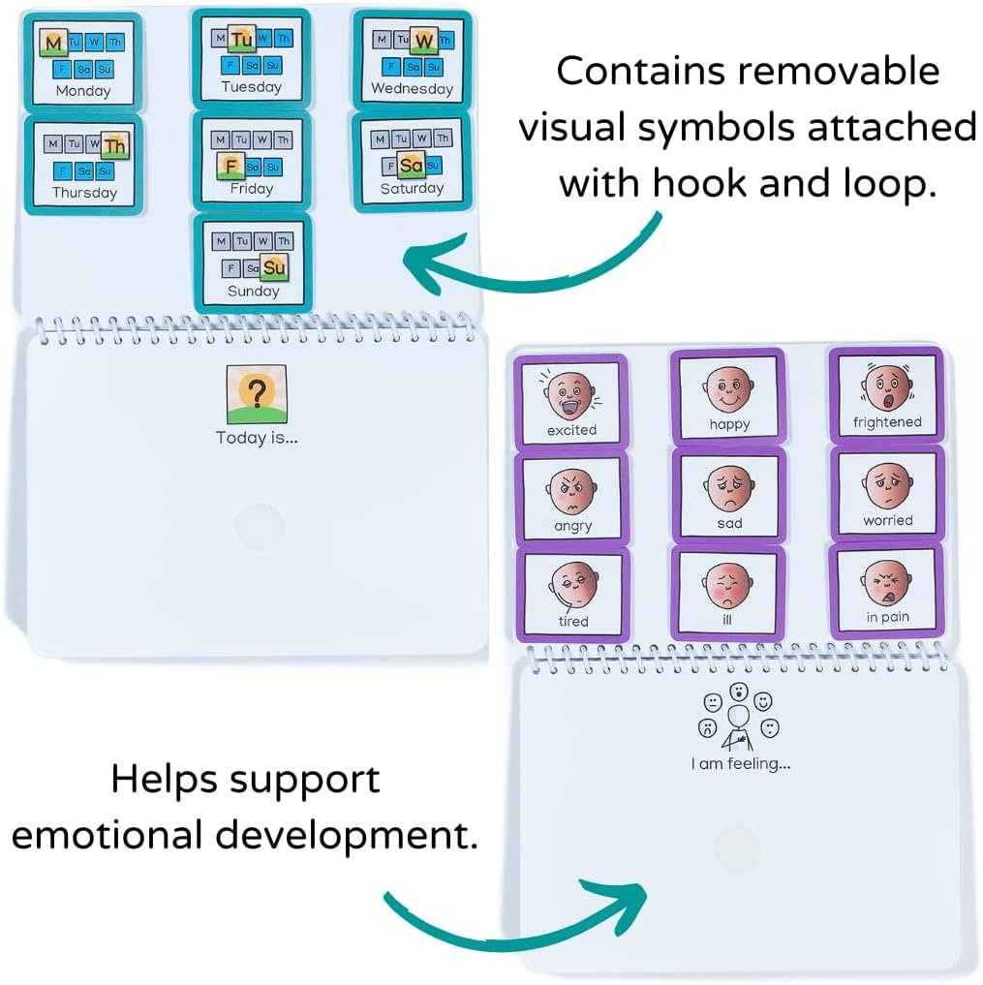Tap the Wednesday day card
[412, 60]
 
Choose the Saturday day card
[411, 162]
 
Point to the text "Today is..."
[257, 438]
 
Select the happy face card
[729, 397]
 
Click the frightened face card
[886, 394]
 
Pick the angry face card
[571, 498]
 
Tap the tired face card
[572, 594]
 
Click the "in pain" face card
[886, 590]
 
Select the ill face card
[728, 594]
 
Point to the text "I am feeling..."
[741, 764]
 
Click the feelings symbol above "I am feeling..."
[739, 717]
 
